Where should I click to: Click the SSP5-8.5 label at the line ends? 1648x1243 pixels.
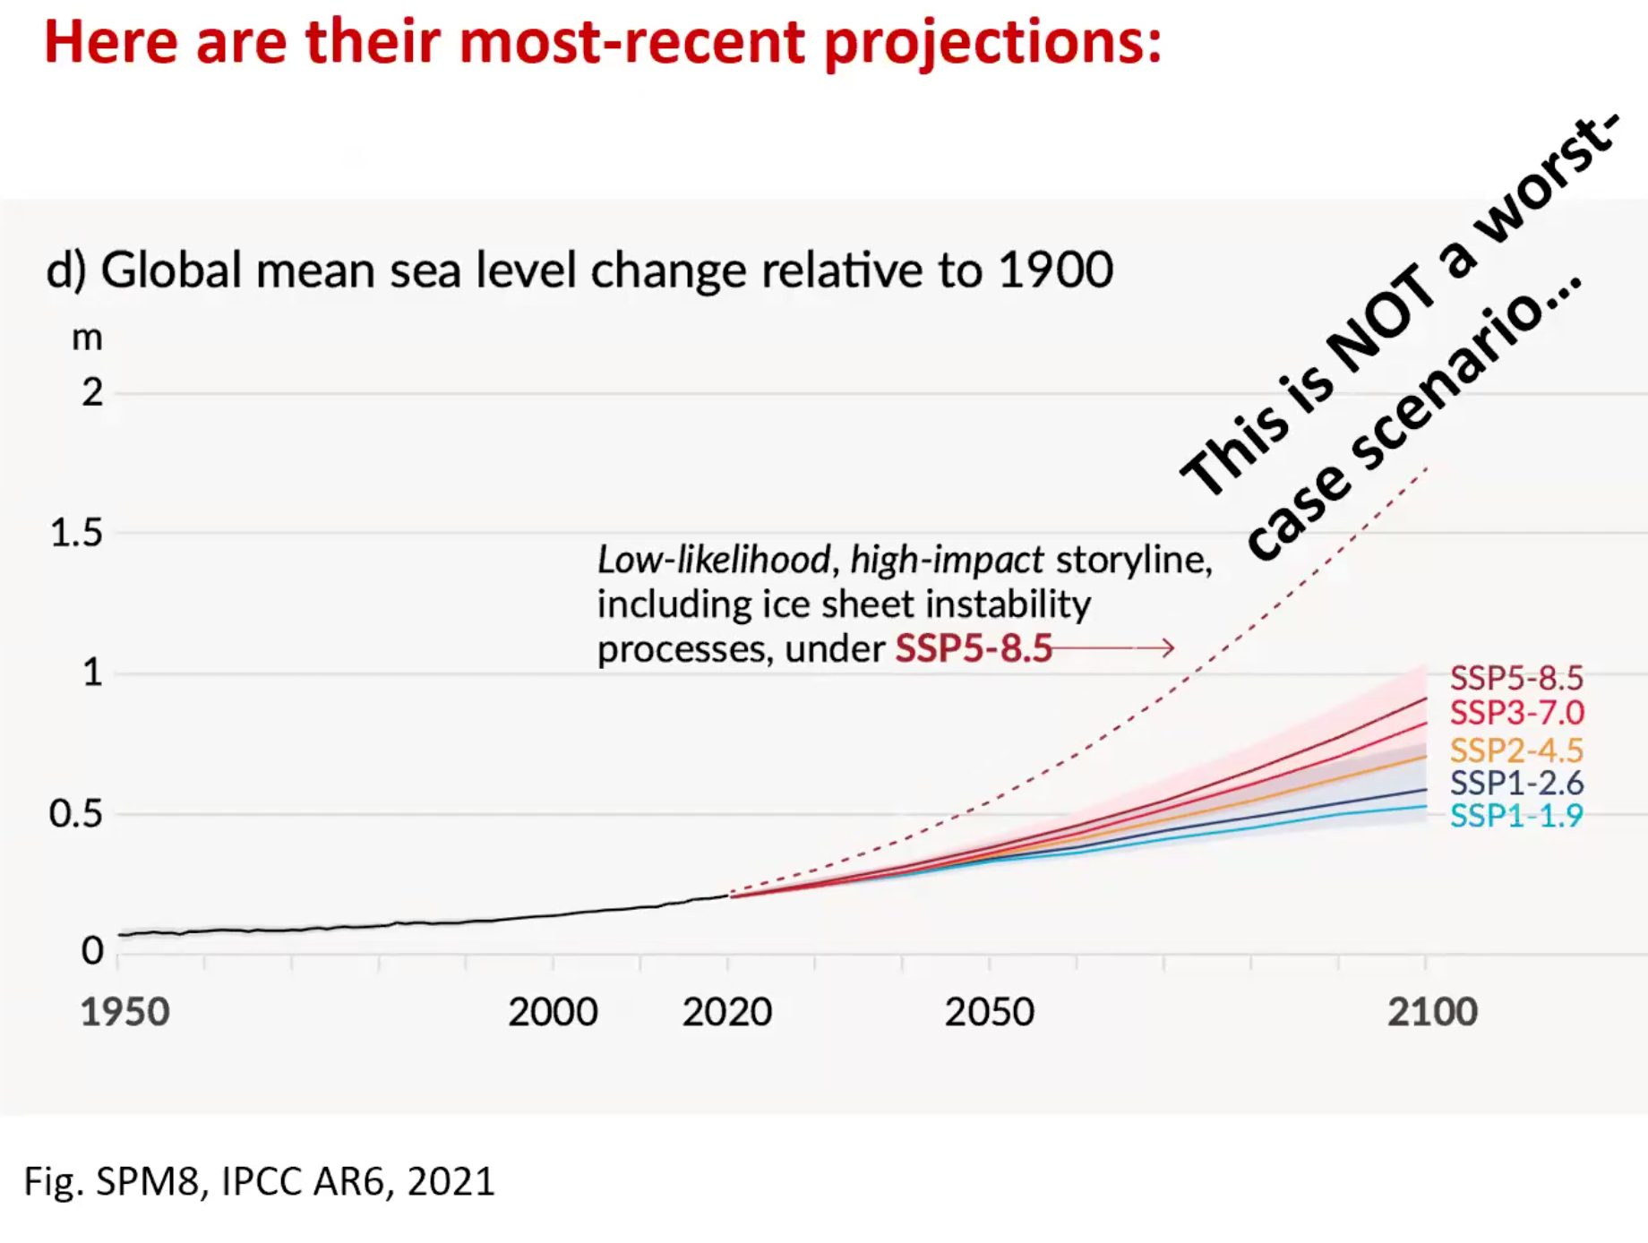[x=1516, y=678]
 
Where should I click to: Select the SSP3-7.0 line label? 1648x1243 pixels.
[x=1516, y=713]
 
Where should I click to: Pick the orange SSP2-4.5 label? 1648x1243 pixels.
[x=1516, y=750]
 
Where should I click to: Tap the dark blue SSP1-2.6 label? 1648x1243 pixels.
[x=1516, y=783]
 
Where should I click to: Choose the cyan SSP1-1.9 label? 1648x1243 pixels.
[x=1516, y=816]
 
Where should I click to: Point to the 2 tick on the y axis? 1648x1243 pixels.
[x=92, y=392]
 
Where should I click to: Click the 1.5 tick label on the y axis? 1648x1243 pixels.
[x=76, y=533]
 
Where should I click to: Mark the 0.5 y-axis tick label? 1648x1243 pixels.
[x=76, y=813]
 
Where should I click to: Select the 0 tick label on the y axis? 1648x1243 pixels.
[x=92, y=950]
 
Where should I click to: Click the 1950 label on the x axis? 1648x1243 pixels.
[x=125, y=1012]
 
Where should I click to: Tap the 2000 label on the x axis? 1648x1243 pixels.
[x=553, y=1012]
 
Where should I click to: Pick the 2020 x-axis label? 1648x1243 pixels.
[x=726, y=1012]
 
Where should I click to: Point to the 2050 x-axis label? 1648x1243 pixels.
[x=989, y=1012]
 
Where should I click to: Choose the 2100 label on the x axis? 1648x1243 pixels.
[x=1432, y=1012]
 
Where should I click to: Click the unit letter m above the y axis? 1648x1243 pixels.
[x=87, y=339]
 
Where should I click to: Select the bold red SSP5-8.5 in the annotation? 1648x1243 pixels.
[x=974, y=648]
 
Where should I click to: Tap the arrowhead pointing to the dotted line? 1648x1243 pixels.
[x=1168, y=647]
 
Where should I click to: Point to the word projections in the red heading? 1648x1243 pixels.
[x=992, y=42]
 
